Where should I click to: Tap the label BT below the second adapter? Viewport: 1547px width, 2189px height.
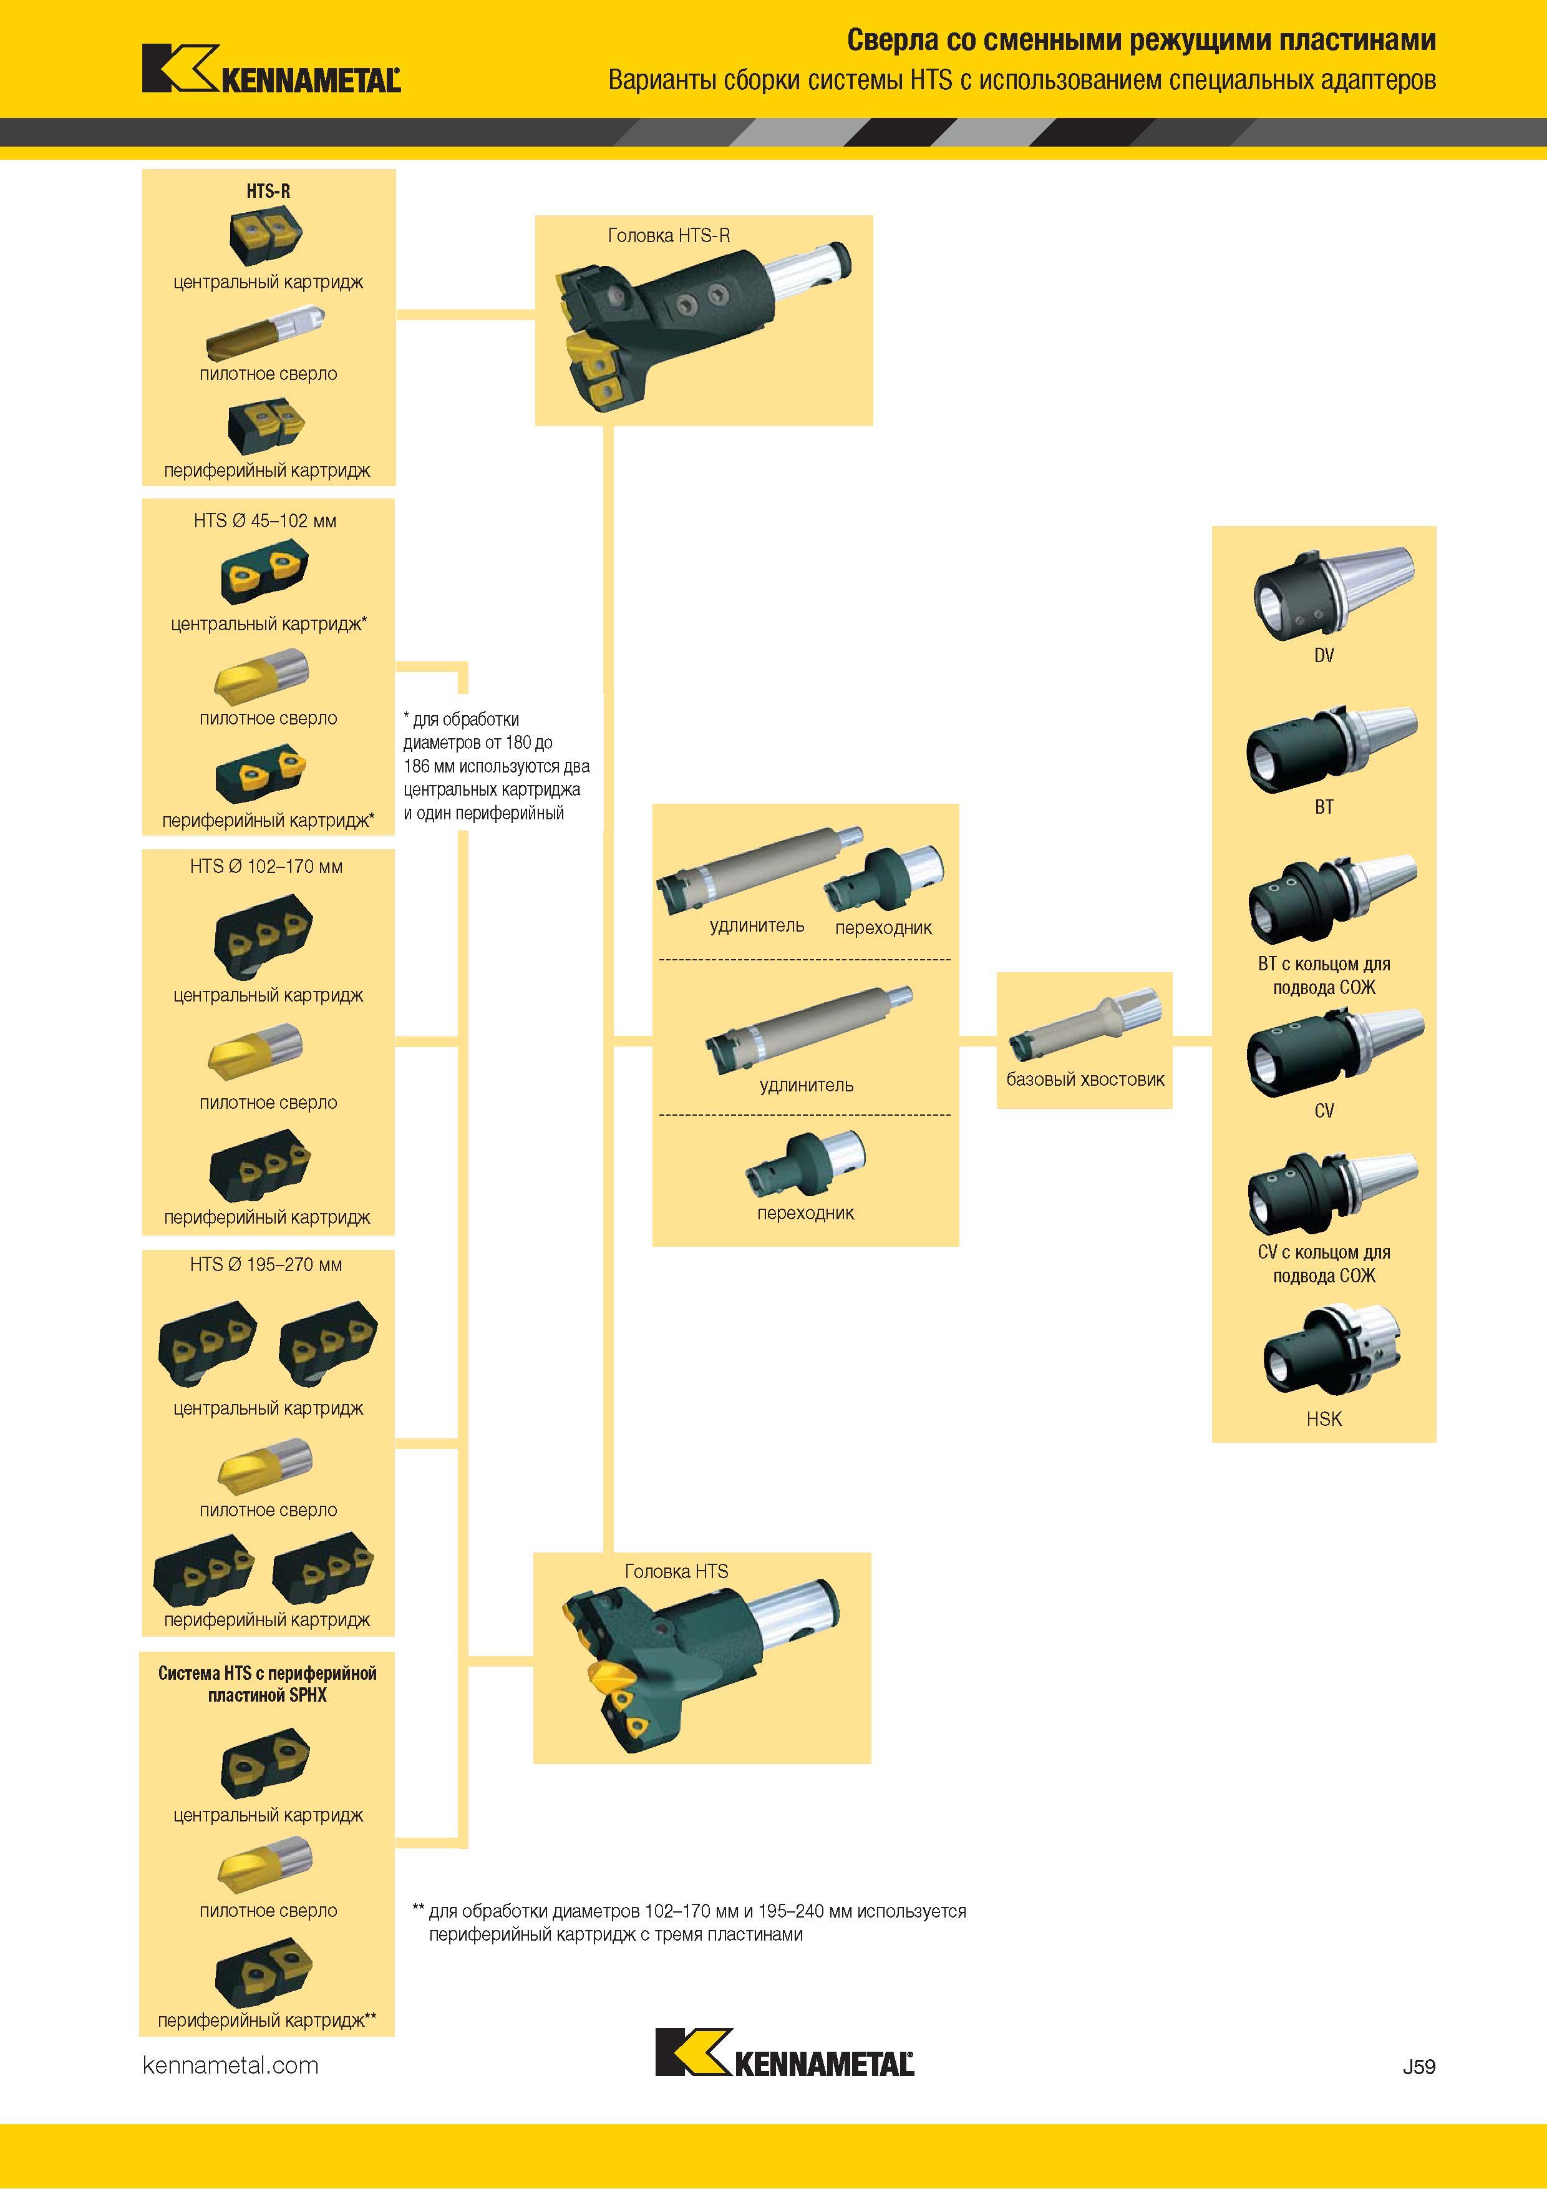1324,807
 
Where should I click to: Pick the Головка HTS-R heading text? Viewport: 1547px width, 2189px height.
669,235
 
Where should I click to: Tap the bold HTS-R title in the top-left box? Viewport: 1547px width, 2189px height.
268,191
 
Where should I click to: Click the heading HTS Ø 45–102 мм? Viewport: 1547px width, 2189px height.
265,520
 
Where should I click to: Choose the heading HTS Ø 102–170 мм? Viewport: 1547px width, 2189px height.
266,867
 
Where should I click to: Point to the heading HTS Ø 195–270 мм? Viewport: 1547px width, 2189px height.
266,1264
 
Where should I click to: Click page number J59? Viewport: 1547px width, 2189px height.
1418,2066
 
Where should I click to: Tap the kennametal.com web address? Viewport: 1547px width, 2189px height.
231,2065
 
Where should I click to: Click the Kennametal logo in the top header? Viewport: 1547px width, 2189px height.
271,69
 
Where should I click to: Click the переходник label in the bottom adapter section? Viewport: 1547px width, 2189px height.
805,1212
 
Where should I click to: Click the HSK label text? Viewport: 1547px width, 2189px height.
1324,1418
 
